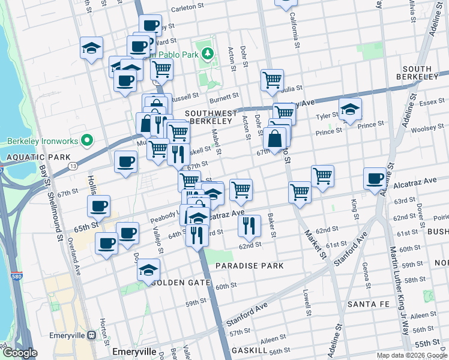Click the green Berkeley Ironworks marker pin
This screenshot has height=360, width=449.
click(x=86, y=142)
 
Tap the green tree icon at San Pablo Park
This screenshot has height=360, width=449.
click(x=208, y=55)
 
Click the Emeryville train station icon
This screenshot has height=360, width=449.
click(x=92, y=335)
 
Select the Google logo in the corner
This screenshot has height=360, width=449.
click(x=20, y=353)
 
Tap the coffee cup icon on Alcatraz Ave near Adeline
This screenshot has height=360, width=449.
click(x=375, y=178)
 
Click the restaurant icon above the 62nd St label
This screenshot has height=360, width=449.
click(x=249, y=226)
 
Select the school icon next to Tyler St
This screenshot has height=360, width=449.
click(x=350, y=109)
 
